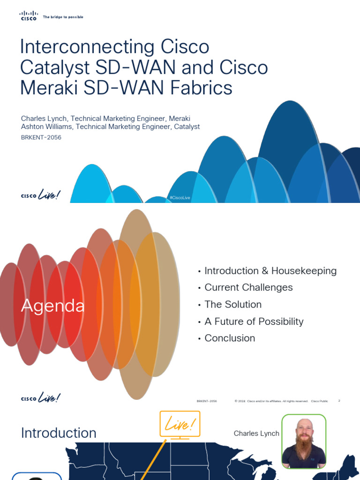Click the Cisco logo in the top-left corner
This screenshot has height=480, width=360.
click(x=28, y=16)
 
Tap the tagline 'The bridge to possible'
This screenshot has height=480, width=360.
click(x=63, y=17)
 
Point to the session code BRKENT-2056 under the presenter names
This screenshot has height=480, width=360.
click(x=41, y=137)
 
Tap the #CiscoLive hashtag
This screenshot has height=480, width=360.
click(x=180, y=198)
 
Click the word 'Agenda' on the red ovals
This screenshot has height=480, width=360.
click(x=53, y=306)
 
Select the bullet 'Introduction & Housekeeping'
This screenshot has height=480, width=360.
click(x=270, y=271)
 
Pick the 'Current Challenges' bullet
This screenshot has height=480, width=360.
click(x=248, y=287)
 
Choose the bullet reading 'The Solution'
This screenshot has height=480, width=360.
click(x=233, y=304)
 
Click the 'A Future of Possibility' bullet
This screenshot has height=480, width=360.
click(x=254, y=321)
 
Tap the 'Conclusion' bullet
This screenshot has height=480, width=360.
click(x=230, y=338)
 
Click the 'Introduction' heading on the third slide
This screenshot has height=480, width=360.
click(x=59, y=433)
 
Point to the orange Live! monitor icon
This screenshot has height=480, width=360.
click(x=180, y=425)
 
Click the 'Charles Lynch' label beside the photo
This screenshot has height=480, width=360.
click(x=256, y=434)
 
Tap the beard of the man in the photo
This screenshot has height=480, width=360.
click(x=304, y=451)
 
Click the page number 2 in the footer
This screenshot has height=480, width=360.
click(x=339, y=401)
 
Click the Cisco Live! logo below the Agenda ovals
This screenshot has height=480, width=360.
click(x=41, y=398)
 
